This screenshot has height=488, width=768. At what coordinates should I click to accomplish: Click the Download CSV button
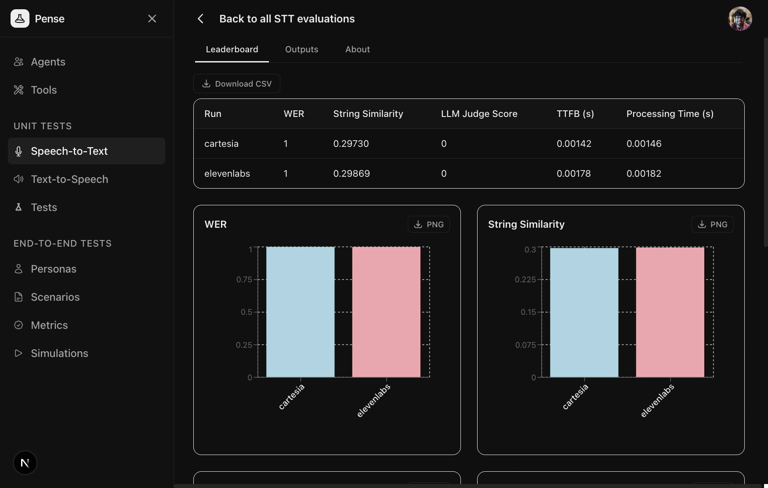237,84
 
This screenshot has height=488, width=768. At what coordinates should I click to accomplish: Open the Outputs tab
301,49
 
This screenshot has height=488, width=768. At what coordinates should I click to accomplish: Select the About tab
357,49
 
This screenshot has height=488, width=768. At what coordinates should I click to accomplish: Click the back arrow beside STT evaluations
200,18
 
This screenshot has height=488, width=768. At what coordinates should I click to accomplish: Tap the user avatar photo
740,19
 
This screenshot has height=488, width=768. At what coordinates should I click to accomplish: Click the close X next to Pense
152,18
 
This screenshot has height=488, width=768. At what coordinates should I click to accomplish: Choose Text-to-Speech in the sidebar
69,179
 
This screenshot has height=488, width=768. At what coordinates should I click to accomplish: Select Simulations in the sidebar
59,353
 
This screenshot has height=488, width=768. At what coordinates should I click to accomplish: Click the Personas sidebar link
54,269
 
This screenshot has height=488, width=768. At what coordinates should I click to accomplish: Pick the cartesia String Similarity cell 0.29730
351,144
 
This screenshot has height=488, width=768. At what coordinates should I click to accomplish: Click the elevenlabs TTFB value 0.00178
573,174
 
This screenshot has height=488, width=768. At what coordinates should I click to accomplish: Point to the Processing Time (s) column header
670,114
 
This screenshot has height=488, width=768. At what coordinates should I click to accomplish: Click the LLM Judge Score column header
479,114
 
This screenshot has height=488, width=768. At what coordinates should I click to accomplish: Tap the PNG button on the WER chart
429,224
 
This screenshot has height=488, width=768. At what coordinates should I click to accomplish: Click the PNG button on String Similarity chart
712,224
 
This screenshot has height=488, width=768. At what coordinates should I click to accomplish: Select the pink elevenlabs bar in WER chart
386,312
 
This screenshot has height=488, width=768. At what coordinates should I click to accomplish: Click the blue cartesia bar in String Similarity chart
584,312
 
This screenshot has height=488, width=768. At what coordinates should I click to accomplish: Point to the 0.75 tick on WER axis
244,280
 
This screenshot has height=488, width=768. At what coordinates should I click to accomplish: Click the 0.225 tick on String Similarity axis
525,280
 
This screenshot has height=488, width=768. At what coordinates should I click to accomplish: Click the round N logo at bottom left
25,463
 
